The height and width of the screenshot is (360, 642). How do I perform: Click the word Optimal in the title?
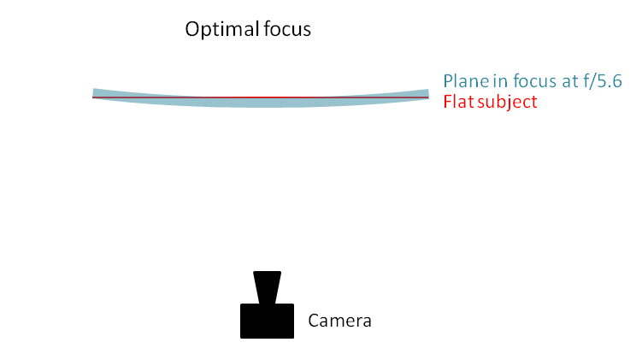click(222, 30)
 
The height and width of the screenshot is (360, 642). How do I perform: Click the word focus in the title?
click(287, 29)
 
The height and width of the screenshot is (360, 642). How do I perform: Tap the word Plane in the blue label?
click(466, 80)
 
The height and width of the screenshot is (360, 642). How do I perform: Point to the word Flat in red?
click(458, 102)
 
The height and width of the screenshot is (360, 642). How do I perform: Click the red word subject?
click(507, 103)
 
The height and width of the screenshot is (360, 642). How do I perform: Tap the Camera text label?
click(339, 321)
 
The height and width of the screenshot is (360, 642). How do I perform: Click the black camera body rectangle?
click(267, 321)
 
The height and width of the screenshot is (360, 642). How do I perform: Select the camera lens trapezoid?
click(267, 287)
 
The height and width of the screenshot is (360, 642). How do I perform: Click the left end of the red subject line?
click(93, 97)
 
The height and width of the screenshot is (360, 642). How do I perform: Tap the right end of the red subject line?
click(428, 97)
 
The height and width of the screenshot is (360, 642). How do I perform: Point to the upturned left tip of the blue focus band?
click(93, 89)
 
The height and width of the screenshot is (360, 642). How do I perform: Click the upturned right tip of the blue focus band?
click(428, 90)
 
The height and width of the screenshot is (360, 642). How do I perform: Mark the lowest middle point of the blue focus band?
click(261, 107)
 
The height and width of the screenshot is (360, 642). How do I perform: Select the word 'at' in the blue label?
click(570, 81)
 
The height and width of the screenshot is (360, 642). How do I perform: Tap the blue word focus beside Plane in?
click(534, 80)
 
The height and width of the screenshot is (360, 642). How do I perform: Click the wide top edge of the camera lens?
click(267, 272)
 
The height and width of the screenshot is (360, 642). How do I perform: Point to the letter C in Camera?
click(314, 321)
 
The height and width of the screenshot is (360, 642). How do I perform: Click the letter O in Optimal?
click(192, 29)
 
